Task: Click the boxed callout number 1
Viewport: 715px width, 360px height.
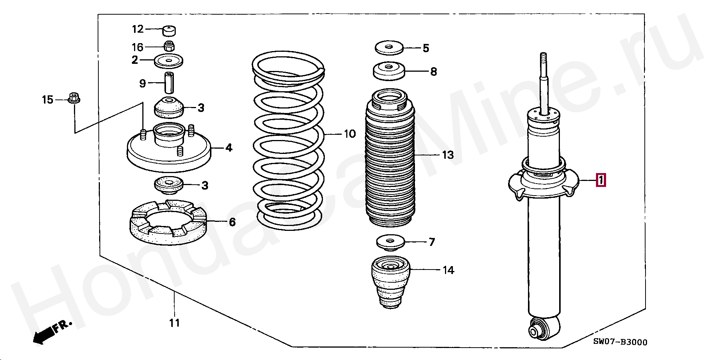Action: click(x=601, y=181)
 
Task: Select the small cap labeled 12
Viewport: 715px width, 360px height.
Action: click(x=170, y=30)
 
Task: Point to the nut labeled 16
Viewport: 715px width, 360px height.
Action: click(x=169, y=47)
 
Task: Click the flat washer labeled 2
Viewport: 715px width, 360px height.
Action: click(x=169, y=61)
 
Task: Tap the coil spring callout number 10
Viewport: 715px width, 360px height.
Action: click(x=350, y=134)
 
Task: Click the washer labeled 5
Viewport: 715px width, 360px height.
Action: click(x=389, y=48)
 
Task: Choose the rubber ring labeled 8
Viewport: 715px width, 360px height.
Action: click(x=389, y=71)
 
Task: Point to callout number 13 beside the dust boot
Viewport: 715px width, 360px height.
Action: click(x=448, y=155)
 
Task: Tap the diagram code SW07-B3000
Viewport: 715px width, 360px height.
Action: click(x=620, y=342)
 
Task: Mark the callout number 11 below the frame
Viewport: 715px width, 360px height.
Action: click(x=174, y=323)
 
